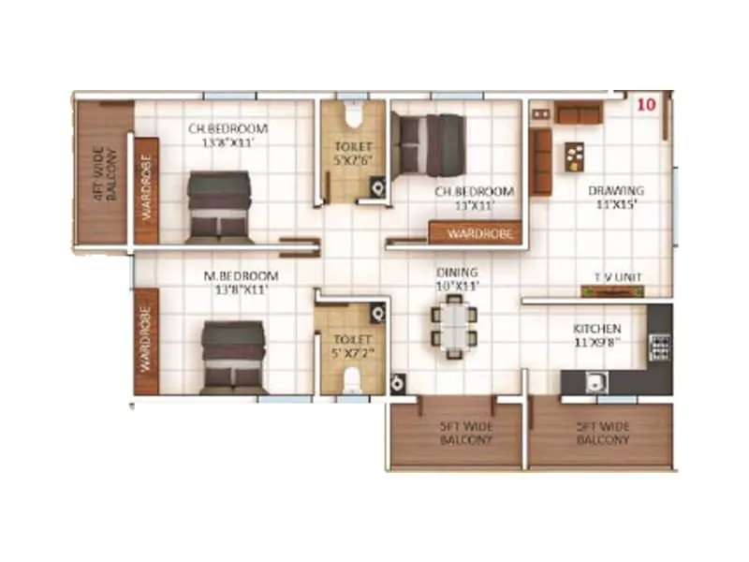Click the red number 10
click(x=645, y=104)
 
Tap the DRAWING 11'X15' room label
click(x=616, y=197)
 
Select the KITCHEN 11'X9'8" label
click(x=596, y=335)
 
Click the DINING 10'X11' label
click(x=457, y=279)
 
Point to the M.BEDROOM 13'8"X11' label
click(x=242, y=283)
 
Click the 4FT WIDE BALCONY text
click(x=105, y=174)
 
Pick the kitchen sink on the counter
click(x=593, y=381)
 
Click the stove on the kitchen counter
click(x=659, y=348)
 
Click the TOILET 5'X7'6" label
click(x=353, y=154)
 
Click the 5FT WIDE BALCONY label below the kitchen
click(x=602, y=433)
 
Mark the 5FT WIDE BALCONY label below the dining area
click(x=465, y=433)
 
